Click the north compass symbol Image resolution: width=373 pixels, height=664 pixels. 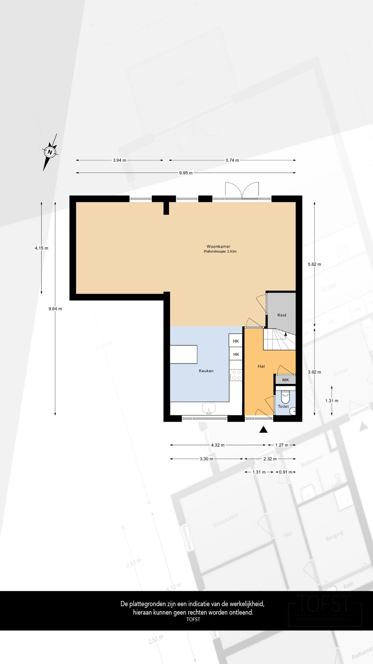50,152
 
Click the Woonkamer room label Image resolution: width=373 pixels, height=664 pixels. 219,247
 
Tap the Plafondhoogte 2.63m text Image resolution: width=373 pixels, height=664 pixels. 220,252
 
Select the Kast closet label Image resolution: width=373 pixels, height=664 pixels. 282,315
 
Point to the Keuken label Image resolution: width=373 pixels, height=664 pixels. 206,371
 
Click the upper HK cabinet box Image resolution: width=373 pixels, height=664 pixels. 236,341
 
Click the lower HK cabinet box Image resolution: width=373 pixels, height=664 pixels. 236,354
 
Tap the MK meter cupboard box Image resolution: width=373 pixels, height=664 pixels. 285,380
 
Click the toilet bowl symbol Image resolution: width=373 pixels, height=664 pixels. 285,396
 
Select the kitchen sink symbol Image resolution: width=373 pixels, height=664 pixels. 209,408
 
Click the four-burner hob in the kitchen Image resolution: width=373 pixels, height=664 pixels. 236,375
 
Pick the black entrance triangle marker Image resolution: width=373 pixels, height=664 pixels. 264,430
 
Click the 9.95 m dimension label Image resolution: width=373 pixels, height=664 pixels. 186,173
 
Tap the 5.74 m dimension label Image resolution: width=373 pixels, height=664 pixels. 232,160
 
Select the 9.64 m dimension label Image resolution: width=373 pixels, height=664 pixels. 55,309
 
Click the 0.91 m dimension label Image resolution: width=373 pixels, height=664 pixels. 286,472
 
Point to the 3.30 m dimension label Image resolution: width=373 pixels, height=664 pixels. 207,459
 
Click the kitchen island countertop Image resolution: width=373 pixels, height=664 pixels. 183,354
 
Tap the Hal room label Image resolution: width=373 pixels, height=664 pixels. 261,366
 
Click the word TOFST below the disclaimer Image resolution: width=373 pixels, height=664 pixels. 193,619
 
